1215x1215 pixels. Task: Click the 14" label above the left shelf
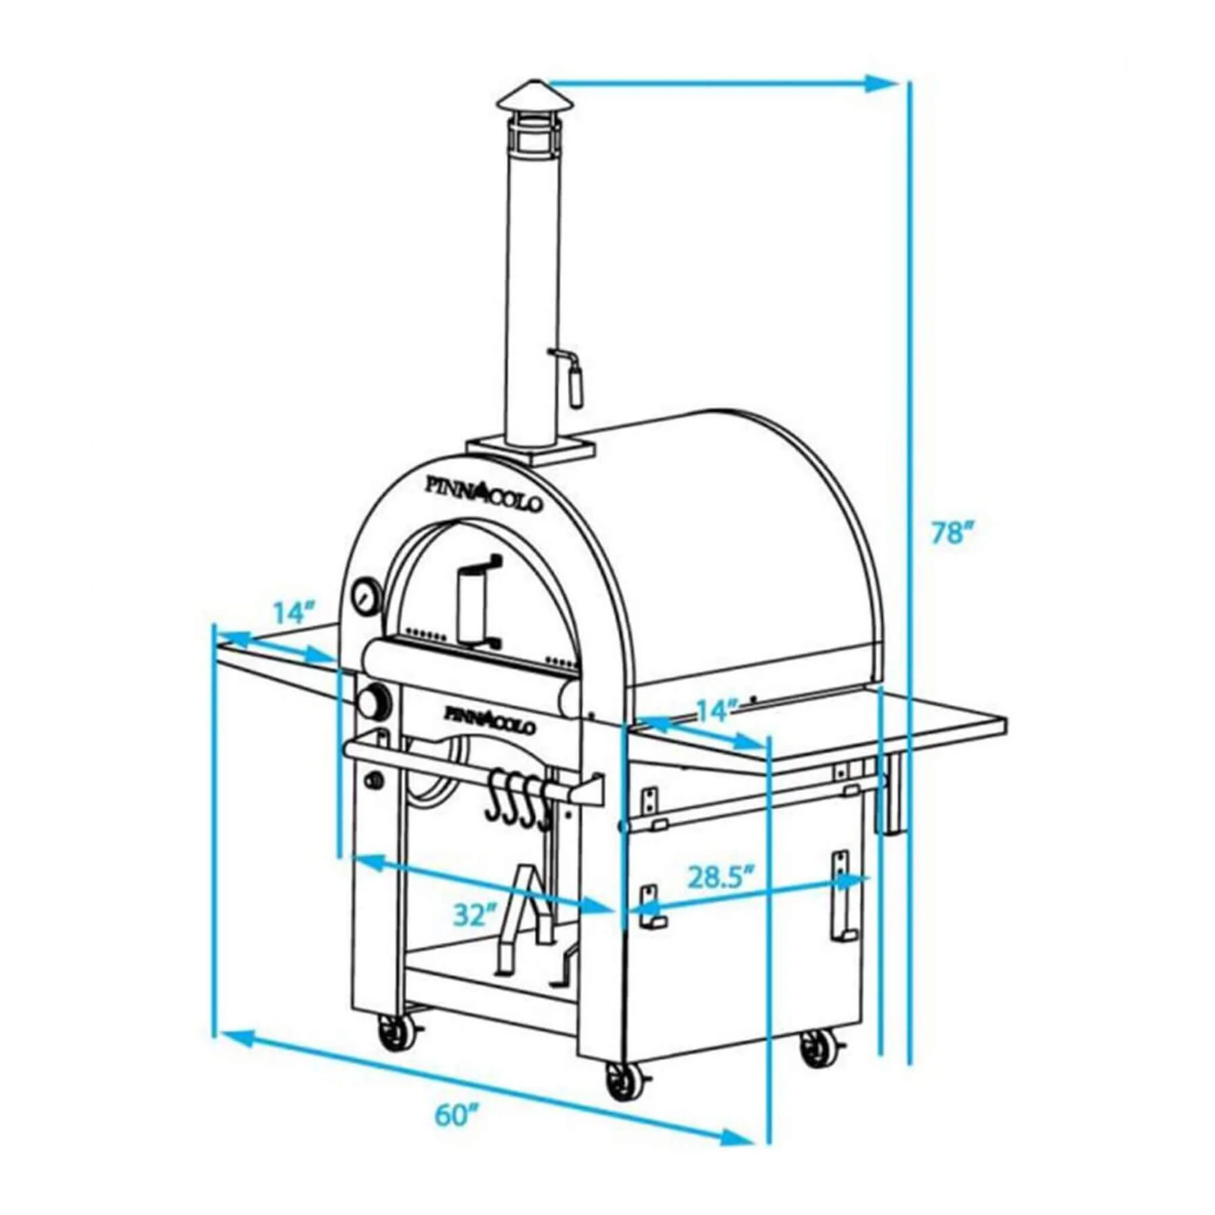[293, 612]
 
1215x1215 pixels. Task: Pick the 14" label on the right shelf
[717, 711]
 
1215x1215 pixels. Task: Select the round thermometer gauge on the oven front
[365, 595]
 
